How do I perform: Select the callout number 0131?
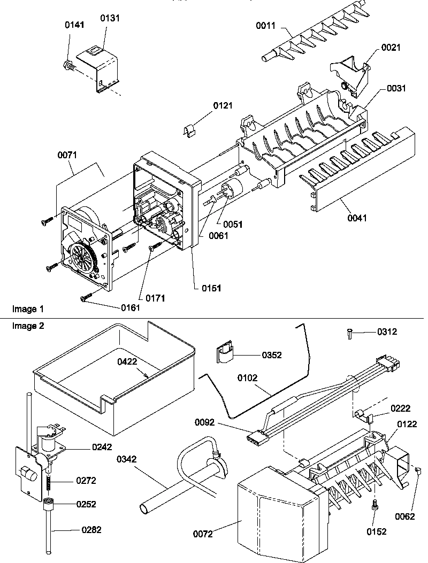tap(110, 18)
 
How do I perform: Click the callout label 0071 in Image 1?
tap(67, 155)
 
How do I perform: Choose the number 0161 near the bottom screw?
tap(130, 307)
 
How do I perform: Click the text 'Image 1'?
tap(27, 309)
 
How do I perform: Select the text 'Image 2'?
tap(27, 327)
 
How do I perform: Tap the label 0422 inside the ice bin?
tap(128, 361)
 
